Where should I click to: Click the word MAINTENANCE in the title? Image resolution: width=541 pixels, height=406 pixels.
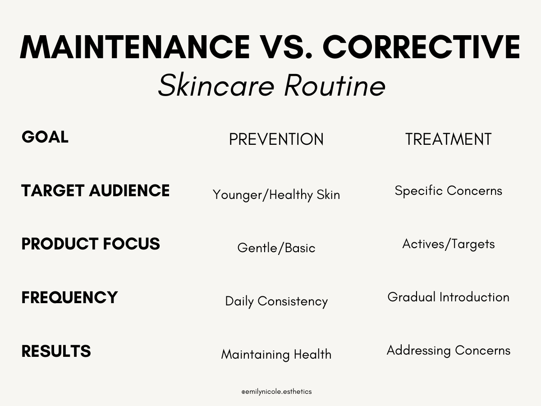tap(134, 47)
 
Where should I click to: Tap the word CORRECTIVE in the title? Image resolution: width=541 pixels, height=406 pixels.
tap(422, 47)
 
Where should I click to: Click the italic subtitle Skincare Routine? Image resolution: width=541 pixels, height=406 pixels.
tap(271, 86)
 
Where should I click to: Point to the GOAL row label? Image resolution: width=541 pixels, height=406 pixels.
tap(45, 137)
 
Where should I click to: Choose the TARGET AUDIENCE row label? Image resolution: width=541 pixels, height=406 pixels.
tap(96, 191)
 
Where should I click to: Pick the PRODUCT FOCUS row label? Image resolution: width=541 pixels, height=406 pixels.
tap(91, 244)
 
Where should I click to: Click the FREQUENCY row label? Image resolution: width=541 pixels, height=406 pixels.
tap(69, 298)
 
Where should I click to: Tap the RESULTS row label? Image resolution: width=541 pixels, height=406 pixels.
tap(56, 351)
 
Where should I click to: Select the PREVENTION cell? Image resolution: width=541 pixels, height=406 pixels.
tap(276, 139)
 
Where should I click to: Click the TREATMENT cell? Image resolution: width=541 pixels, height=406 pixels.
tap(448, 139)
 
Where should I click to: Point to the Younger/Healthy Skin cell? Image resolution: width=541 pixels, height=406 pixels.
tap(276, 195)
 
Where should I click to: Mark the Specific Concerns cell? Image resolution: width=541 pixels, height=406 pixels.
tap(448, 191)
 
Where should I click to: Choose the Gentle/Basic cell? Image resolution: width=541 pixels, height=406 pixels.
tap(276, 248)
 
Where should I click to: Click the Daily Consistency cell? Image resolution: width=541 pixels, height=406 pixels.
tap(276, 301)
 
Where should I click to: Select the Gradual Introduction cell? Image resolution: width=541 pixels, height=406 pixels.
tap(448, 297)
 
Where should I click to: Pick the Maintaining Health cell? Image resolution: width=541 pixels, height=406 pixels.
tap(276, 355)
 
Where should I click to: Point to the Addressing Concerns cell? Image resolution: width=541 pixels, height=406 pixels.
tap(448, 351)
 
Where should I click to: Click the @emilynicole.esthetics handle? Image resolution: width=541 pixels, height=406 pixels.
tap(276, 392)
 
